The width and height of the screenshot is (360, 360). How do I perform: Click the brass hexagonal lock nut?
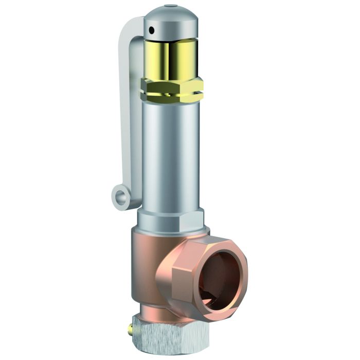tap(172, 88)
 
